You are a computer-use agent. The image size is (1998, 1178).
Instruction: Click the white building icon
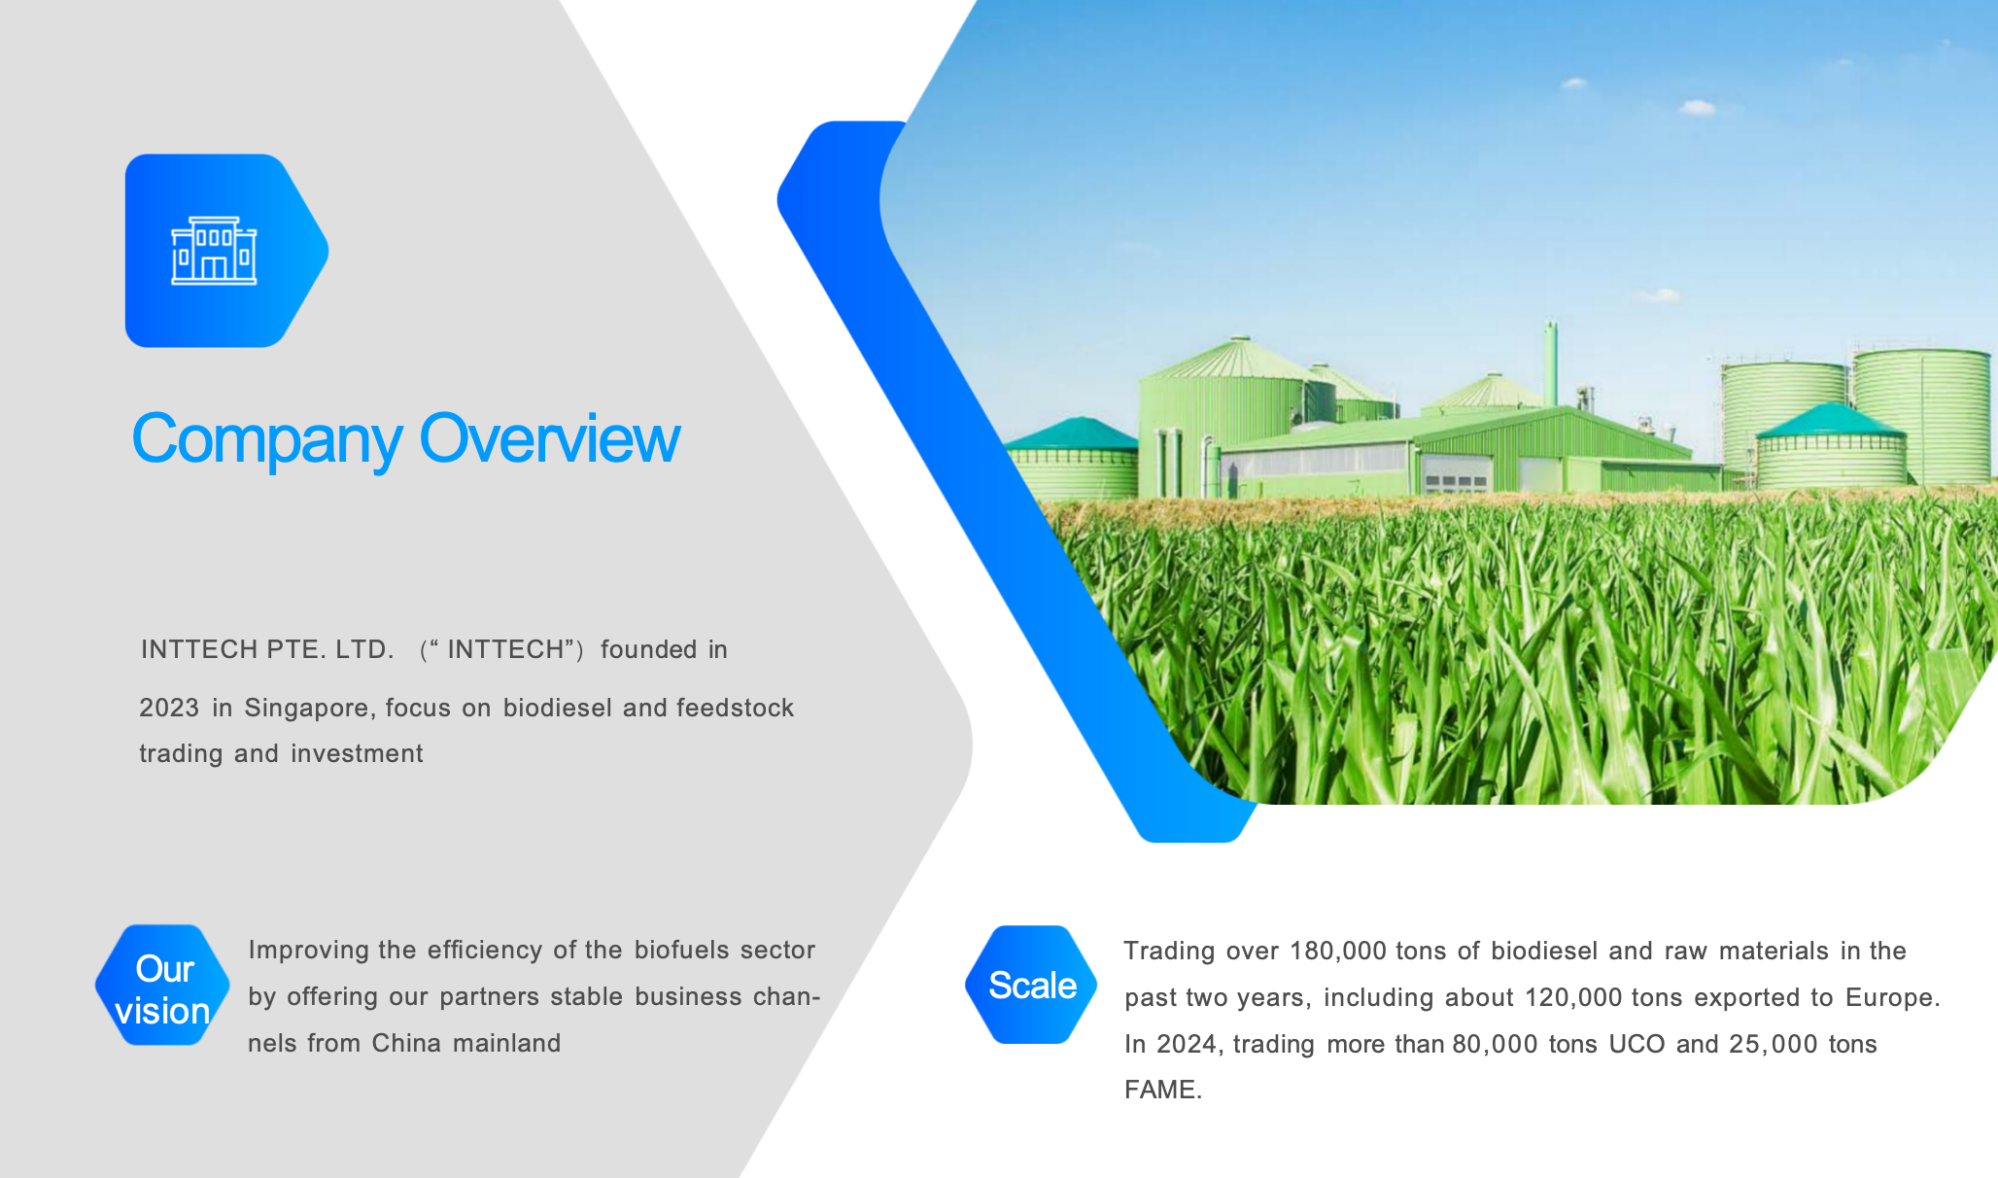click(x=214, y=251)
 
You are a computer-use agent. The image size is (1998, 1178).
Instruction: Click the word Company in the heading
click(x=266, y=440)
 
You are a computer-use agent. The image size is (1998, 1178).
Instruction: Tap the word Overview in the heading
click(x=549, y=438)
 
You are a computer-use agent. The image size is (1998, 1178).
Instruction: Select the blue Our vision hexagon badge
click(x=162, y=985)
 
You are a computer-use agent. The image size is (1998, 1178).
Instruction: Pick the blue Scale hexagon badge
click(x=1031, y=985)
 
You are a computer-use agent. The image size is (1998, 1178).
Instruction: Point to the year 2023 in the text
click(x=169, y=708)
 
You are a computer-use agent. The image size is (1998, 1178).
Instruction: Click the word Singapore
click(x=310, y=709)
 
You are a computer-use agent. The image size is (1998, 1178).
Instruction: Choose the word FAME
click(x=1162, y=1090)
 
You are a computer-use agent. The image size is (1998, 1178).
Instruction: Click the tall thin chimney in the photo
click(x=1551, y=364)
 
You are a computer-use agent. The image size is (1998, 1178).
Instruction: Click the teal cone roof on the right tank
click(x=1831, y=420)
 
